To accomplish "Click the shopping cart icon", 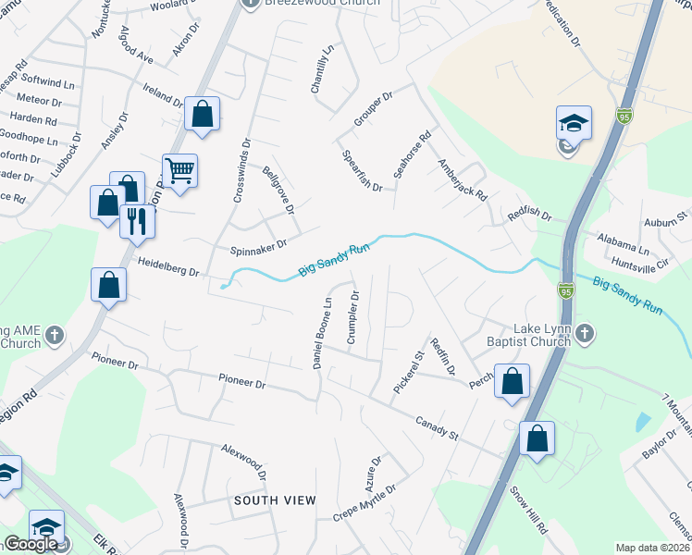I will pos(179,169).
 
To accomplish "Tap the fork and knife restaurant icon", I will pos(136,220).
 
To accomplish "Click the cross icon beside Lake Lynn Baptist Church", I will pos(585,334).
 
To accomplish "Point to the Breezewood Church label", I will pos(323,3).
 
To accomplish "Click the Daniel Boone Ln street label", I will pos(323,333).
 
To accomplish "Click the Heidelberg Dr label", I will pos(168,267).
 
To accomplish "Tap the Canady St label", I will pos(437,425).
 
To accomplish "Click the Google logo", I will pos(31,544).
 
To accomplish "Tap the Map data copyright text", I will pos(652,548).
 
